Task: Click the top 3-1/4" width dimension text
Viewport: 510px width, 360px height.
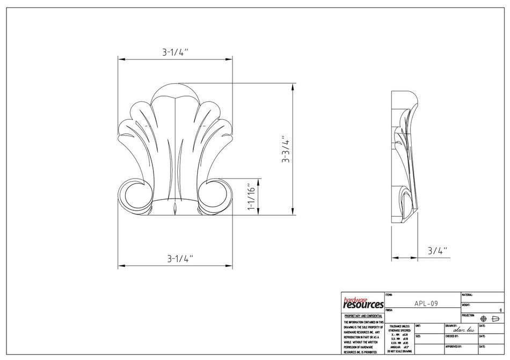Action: tap(175, 53)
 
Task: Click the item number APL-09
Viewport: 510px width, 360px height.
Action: tap(426, 303)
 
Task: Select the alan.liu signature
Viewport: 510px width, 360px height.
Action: tap(463, 330)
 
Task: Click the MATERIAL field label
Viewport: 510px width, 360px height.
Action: tap(467, 295)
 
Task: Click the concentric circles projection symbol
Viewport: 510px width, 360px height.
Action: tap(483, 319)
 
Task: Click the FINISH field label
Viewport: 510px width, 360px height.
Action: tap(389, 310)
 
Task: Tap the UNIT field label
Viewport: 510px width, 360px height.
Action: tap(418, 326)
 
